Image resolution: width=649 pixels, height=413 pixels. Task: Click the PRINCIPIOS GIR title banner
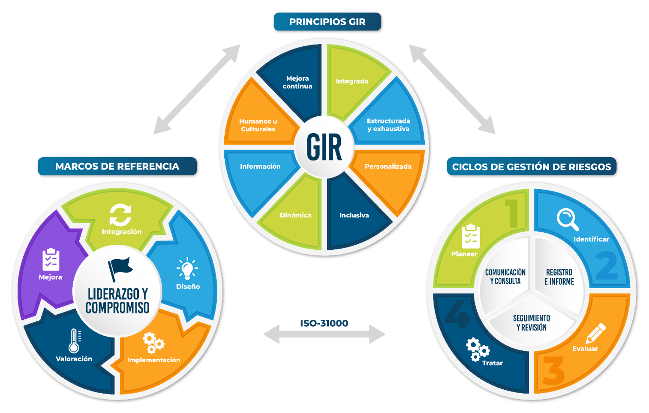tap(327, 22)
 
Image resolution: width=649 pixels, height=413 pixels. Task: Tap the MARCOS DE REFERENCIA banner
tap(117, 167)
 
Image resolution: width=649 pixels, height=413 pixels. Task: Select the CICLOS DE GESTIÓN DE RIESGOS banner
tap(531, 167)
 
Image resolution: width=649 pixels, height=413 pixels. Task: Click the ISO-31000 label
tap(324, 323)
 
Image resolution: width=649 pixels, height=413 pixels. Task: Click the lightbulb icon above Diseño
tap(187, 269)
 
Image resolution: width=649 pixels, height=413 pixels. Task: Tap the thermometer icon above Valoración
tap(75, 341)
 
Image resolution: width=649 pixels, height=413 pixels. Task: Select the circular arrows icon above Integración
tap(120, 215)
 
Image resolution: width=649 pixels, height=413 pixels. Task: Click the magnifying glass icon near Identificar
tap(568, 219)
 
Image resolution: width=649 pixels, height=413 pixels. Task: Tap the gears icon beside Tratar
tap(477, 349)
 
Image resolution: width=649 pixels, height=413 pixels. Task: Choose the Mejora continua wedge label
tap(297, 82)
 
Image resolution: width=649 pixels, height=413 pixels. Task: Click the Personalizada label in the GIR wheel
tap(388, 167)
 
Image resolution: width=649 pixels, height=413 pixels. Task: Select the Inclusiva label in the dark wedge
tap(354, 216)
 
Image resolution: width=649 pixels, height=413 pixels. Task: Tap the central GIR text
tap(324, 147)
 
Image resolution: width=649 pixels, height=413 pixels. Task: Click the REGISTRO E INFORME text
tap(559, 277)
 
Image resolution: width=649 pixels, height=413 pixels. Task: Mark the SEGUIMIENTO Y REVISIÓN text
tap(531, 323)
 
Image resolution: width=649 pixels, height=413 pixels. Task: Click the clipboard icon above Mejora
tap(51, 259)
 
